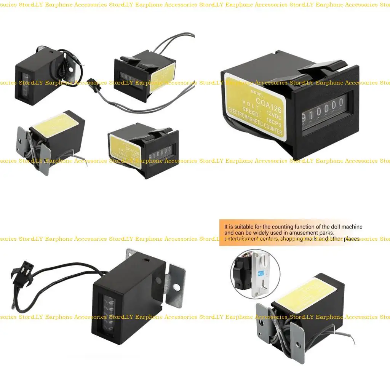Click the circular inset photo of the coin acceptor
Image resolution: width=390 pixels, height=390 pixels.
[255, 273]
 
